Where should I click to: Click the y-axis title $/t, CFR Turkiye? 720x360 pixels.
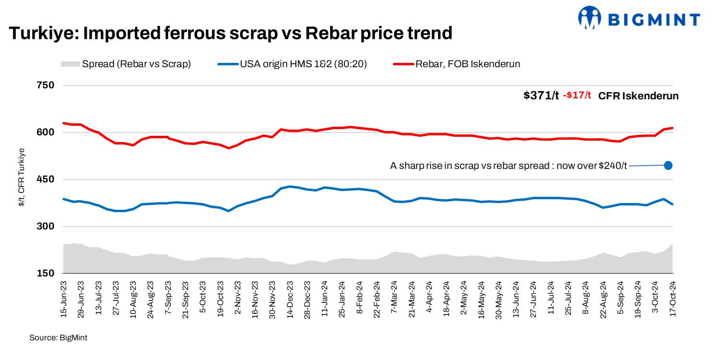pos(22,177)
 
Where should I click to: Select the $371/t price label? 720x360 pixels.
pos(541,96)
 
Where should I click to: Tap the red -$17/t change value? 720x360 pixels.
pos(577,96)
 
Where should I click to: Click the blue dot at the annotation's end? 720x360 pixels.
pos(668,165)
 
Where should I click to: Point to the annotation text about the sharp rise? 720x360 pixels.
pos(508,166)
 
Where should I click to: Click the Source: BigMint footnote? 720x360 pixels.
pos(59,338)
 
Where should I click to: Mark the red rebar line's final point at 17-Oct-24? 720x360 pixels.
pos(673,128)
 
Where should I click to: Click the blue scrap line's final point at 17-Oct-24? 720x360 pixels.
pos(673,204)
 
